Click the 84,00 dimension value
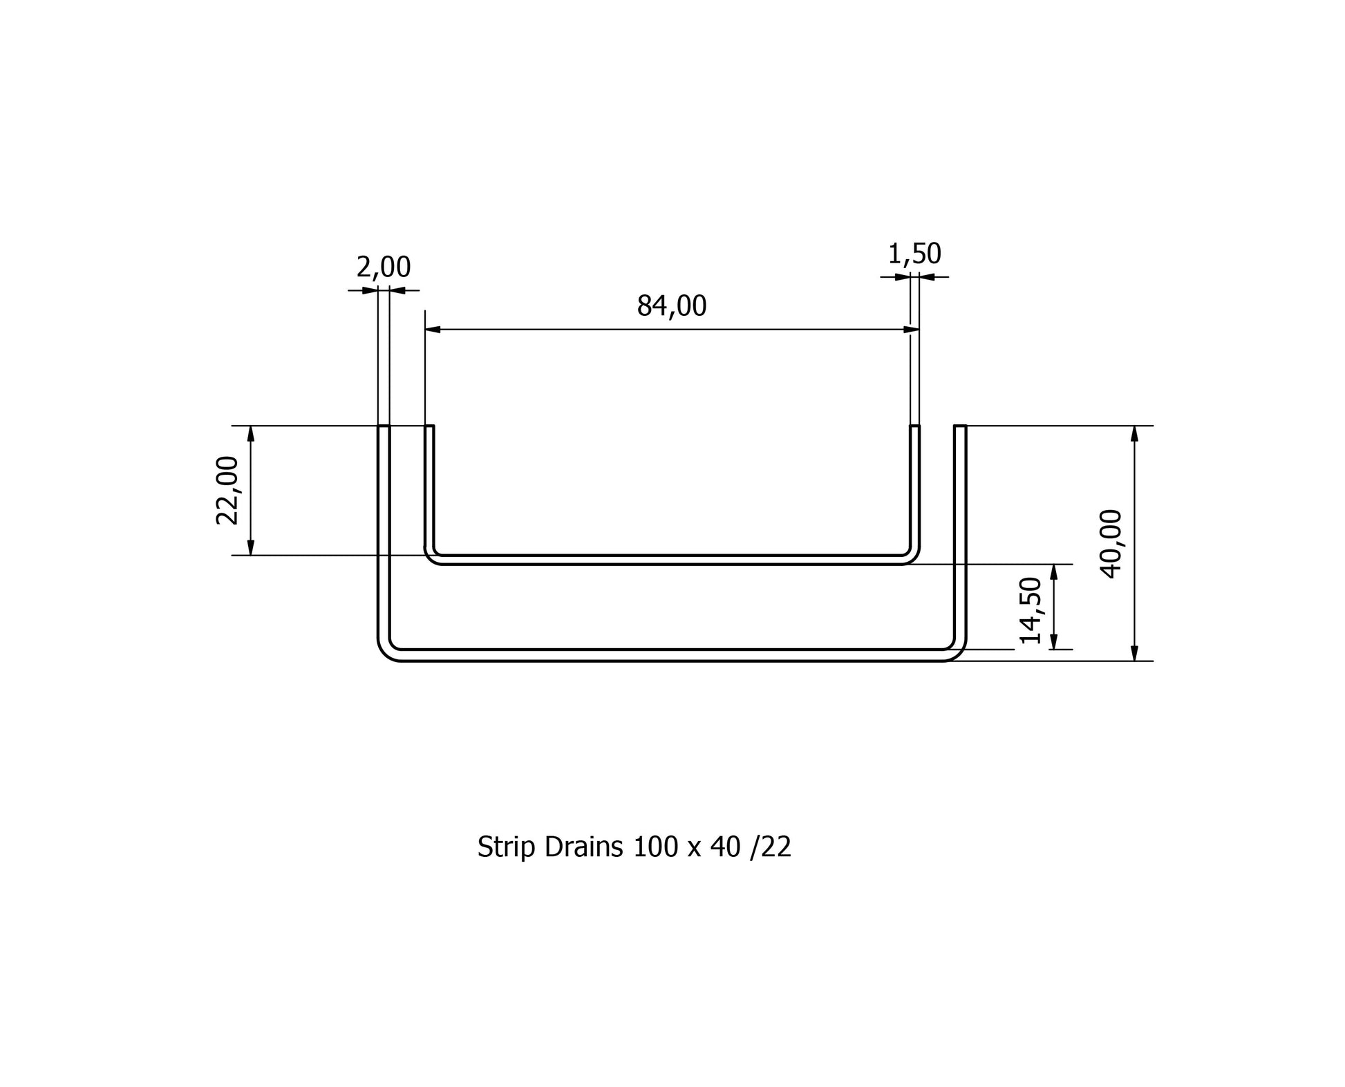[671, 306]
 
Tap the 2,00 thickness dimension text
[383, 267]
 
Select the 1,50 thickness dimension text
[914, 254]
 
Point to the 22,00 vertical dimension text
[227, 491]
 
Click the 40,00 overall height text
[1111, 544]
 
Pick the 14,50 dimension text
[1031, 610]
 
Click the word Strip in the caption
[507, 847]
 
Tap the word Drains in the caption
[583, 847]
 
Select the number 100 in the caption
[656, 847]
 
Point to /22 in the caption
[771, 847]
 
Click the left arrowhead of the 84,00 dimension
[433, 330]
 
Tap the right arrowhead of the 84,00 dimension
[912, 330]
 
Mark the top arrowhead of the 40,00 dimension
[1134, 433]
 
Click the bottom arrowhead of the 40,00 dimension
[1134, 653]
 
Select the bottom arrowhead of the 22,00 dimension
[251, 547]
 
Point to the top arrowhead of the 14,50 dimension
[1054, 572]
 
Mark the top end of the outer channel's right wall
[960, 427]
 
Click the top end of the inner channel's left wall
[429, 427]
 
